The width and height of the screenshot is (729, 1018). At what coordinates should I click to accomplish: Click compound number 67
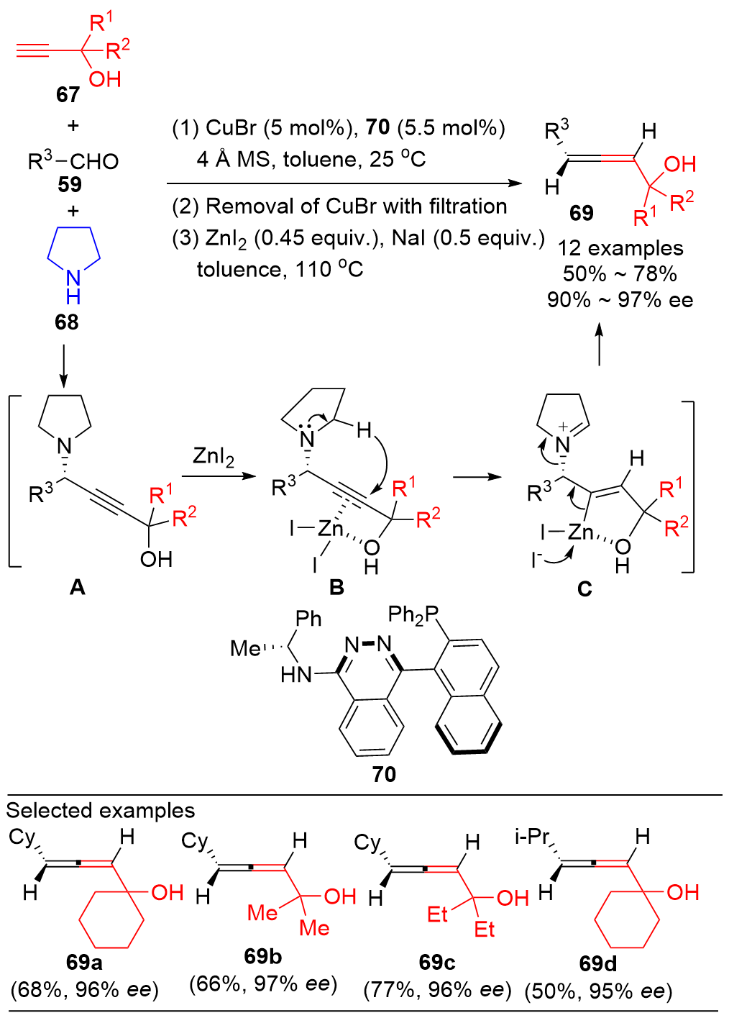point(68,95)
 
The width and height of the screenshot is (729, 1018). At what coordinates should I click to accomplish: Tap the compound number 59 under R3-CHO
point(70,185)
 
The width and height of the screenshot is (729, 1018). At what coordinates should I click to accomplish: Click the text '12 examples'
point(620,248)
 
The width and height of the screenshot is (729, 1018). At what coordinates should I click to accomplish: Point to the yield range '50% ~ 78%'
point(620,274)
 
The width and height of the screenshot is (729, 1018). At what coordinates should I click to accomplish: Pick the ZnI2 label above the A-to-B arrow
point(214,457)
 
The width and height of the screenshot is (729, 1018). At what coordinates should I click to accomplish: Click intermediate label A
point(77,588)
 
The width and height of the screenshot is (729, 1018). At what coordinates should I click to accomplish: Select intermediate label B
point(336,588)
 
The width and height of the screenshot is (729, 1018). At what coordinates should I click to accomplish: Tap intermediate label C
point(584,589)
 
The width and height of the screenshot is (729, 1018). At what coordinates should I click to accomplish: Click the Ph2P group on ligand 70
point(413,614)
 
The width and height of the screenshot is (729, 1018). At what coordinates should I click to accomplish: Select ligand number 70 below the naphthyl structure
point(384,774)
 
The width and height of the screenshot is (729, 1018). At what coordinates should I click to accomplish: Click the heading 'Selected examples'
point(101,811)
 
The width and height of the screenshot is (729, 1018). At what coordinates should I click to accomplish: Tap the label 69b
point(262,956)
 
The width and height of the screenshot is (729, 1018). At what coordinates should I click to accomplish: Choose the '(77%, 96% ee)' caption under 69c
point(437,990)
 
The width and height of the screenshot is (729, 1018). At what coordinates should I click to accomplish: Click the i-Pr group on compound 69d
point(532,837)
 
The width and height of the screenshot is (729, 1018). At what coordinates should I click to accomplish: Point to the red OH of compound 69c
point(513,898)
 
